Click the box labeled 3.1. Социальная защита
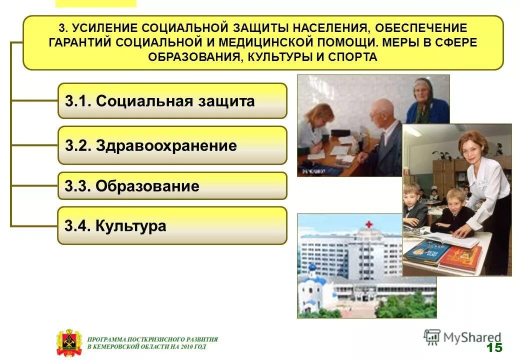pos(172,101)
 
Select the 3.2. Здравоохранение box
pos(172,145)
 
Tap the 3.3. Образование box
pos(172,186)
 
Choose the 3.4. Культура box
pos(172,225)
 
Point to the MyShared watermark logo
pos(462,337)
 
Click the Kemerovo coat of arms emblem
pos(67,342)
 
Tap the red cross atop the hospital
pos(368,224)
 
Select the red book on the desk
pos(460,257)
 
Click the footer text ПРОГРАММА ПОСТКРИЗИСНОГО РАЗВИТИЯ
pos(152,339)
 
